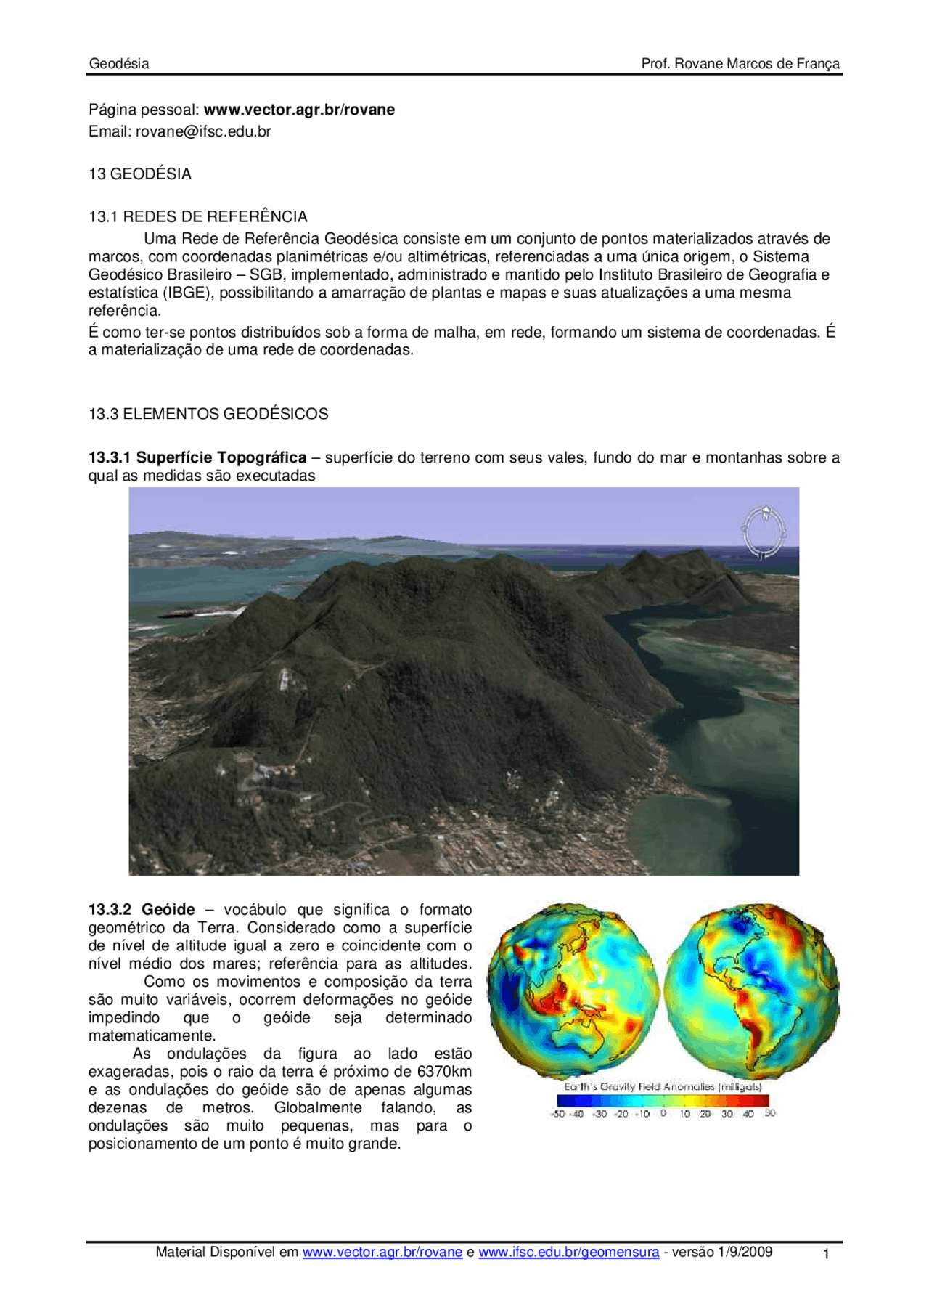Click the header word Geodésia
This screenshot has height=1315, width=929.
pyautogui.click(x=119, y=63)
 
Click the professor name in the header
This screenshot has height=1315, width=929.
pyautogui.click(x=740, y=63)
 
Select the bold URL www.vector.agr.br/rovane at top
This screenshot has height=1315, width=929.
pyautogui.click(x=299, y=110)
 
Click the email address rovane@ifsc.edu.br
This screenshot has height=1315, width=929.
pyautogui.click(x=203, y=131)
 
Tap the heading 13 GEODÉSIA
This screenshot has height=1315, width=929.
pyautogui.click(x=140, y=174)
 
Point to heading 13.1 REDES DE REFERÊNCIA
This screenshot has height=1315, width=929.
pyautogui.click(x=198, y=216)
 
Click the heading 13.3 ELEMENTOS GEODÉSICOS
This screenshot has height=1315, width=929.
pyautogui.click(x=208, y=414)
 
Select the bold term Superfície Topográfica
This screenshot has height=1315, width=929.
pyautogui.click(x=221, y=457)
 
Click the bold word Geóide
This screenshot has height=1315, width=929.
pyautogui.click(x=168, y=910)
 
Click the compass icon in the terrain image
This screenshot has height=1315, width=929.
pyautogui.click(x=763, y=532)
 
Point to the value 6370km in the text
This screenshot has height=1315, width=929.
pyautogui.click(x=444, y=1072)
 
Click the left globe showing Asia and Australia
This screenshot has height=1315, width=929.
pyautogui.click(x=573, y=991)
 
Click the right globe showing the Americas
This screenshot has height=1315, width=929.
pyautogui.click(x=751, y=991)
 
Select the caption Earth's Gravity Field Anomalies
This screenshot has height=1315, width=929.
pyautogui.click(x=663, y=1087)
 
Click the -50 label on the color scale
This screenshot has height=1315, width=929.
pyautogui.click(x=557, y=1114)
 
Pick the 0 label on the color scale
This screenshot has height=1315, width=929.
pyautogui.click(x=663, y=1113)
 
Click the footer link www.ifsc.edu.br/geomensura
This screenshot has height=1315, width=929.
pyautogui.click(x=569, y=1252)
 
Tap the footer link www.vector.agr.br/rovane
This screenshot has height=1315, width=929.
pyautogui.click(x=382, y=1252)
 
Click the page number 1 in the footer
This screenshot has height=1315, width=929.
pyautogui.click(x=826, y=1254)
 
